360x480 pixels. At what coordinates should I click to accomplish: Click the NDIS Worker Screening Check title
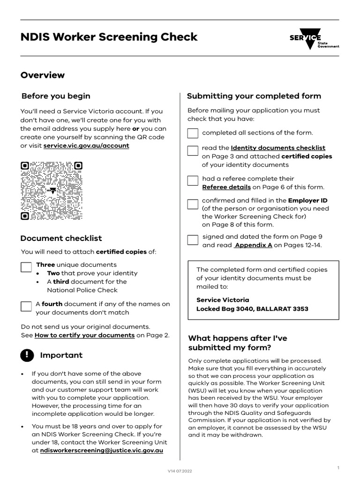(109, 37)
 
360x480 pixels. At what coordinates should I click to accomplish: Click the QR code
(52, 191)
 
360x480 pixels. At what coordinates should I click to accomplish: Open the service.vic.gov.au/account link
(86, 146)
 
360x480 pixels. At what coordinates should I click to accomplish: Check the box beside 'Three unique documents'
(26, 267)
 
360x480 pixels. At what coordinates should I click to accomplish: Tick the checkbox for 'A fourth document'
(26, 307)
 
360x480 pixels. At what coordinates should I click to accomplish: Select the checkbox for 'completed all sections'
(193, 133)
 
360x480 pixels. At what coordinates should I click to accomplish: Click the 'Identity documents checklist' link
(278, 148)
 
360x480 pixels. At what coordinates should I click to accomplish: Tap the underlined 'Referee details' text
(226, 187)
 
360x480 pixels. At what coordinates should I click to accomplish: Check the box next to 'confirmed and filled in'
(193, 204)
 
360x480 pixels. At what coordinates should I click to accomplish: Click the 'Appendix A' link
(253, 245)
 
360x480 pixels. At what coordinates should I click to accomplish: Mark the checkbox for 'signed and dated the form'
(193, 240)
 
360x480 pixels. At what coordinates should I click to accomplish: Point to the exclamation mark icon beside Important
(27, 355)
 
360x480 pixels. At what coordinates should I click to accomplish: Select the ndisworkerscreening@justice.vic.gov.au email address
(102, 450)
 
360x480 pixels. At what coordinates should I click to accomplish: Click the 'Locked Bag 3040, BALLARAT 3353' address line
(252, 309)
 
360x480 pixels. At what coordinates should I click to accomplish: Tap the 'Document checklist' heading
(61, 238)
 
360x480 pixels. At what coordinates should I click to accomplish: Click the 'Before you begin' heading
(56, 96)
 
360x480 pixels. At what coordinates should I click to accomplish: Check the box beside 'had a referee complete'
(193, 180)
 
